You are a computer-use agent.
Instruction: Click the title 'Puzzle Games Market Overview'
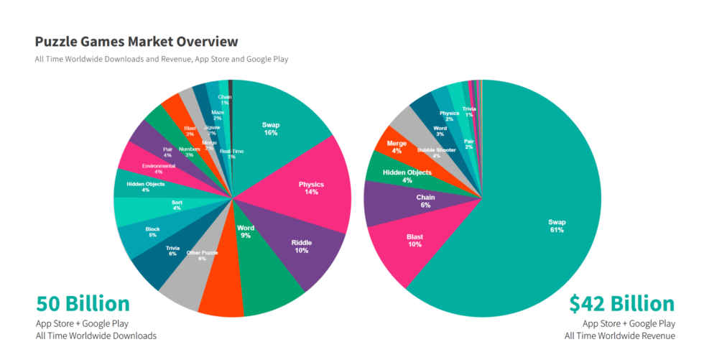pyautogui.click(x=136, y=42)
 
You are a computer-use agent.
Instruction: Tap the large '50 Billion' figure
pyautogui.click(x=83, y=303)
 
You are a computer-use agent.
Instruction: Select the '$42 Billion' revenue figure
pyautogui.click(x=621, y=303)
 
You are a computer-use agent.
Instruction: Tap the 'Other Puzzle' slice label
pyautogui.click(x=202, y=255)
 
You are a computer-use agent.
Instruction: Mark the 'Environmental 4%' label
pyautogui.click(x=158, y=169)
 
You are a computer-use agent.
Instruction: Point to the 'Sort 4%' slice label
pyautogui.click(x=177, y=206)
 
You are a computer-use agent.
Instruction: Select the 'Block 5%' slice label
pyautogui.click(x=152, y=231)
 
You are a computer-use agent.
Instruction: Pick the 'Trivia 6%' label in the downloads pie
pyautogui.click(x=172, y=251)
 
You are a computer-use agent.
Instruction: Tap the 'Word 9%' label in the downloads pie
pyautogui.click(x=246, y=231)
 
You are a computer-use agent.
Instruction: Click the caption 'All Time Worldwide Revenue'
pyautogui.click(x=619, y=336)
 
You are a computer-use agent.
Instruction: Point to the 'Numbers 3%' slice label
pyautogui.click(x=190, y=152)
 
